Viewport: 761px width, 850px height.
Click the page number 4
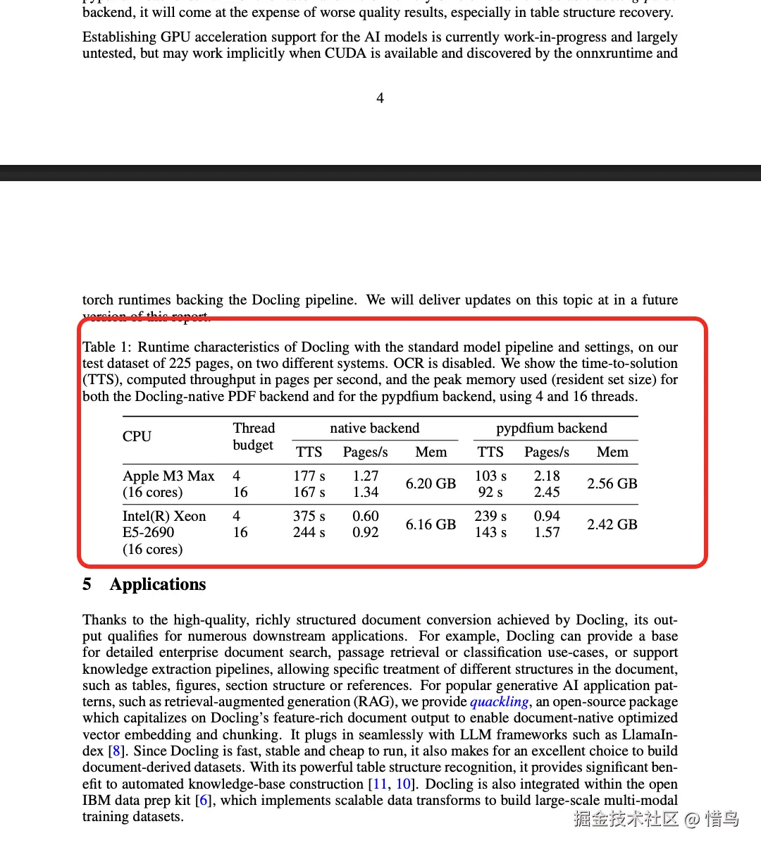380,98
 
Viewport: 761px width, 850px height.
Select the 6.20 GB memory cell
431,483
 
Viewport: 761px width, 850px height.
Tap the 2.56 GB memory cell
612,483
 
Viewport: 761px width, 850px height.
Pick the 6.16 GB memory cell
431,524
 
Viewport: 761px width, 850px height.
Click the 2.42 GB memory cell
612,524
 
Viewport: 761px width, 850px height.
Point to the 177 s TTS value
309,476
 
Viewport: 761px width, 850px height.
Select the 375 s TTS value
309,516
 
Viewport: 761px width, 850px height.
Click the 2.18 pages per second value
547,476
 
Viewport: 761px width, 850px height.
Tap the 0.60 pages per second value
366,516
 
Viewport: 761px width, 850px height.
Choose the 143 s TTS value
490,532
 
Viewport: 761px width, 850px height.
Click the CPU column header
137,436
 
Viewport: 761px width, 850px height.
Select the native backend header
374,428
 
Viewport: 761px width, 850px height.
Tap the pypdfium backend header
551,428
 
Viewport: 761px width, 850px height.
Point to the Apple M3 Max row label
168,476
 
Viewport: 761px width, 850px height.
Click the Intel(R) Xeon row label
164,516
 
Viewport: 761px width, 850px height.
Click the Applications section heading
158,584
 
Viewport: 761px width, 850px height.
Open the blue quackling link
499,701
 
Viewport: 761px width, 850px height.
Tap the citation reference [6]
204,800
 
